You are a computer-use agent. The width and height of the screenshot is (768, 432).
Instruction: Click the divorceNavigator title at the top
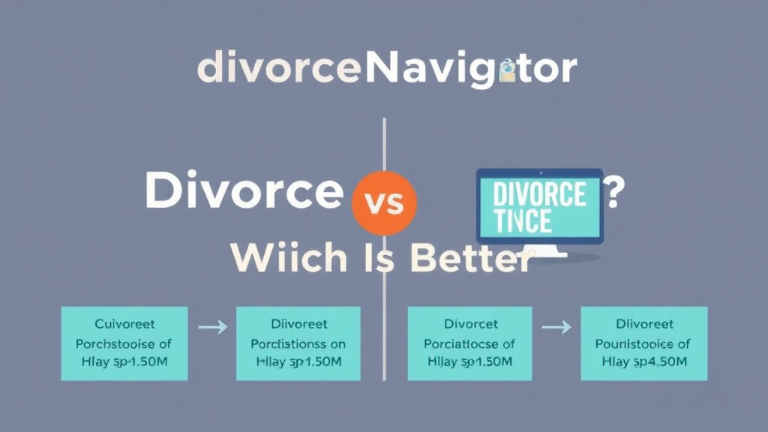tap(386, 70)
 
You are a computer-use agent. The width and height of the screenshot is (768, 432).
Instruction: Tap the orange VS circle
tap(383, 202)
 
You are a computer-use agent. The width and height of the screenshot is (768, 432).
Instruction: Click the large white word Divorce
tap(243, 191)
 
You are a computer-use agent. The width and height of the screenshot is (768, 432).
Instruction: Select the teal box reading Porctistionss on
tap(298, 343)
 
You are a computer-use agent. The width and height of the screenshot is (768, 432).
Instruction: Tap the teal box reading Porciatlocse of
tap(469, 343)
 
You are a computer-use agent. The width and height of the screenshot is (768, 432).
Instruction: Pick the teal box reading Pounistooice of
tap(643, 343)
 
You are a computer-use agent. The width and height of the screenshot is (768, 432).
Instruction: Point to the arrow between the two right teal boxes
tap(556, 328)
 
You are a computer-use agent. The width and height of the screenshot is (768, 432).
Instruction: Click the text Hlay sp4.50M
tap(643, 361)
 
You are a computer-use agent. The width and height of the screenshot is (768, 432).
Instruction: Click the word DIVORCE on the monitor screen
tap(540, 195)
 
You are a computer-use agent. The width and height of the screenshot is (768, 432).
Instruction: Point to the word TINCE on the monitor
tap(523, 221)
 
